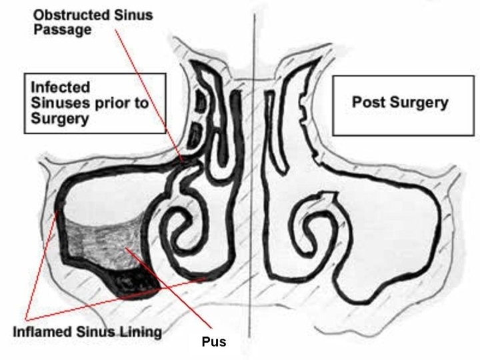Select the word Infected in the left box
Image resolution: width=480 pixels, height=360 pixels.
pos(60,87)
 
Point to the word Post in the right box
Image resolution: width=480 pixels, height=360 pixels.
pos(366,103)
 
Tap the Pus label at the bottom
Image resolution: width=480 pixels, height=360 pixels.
pos(214,342)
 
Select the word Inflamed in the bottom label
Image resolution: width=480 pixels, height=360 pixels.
pos(43,331)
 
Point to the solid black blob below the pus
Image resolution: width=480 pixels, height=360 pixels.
pos(137,283)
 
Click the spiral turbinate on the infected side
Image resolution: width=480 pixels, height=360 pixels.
pos(180,227)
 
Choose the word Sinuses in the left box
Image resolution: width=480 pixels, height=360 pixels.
pos(57,103)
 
